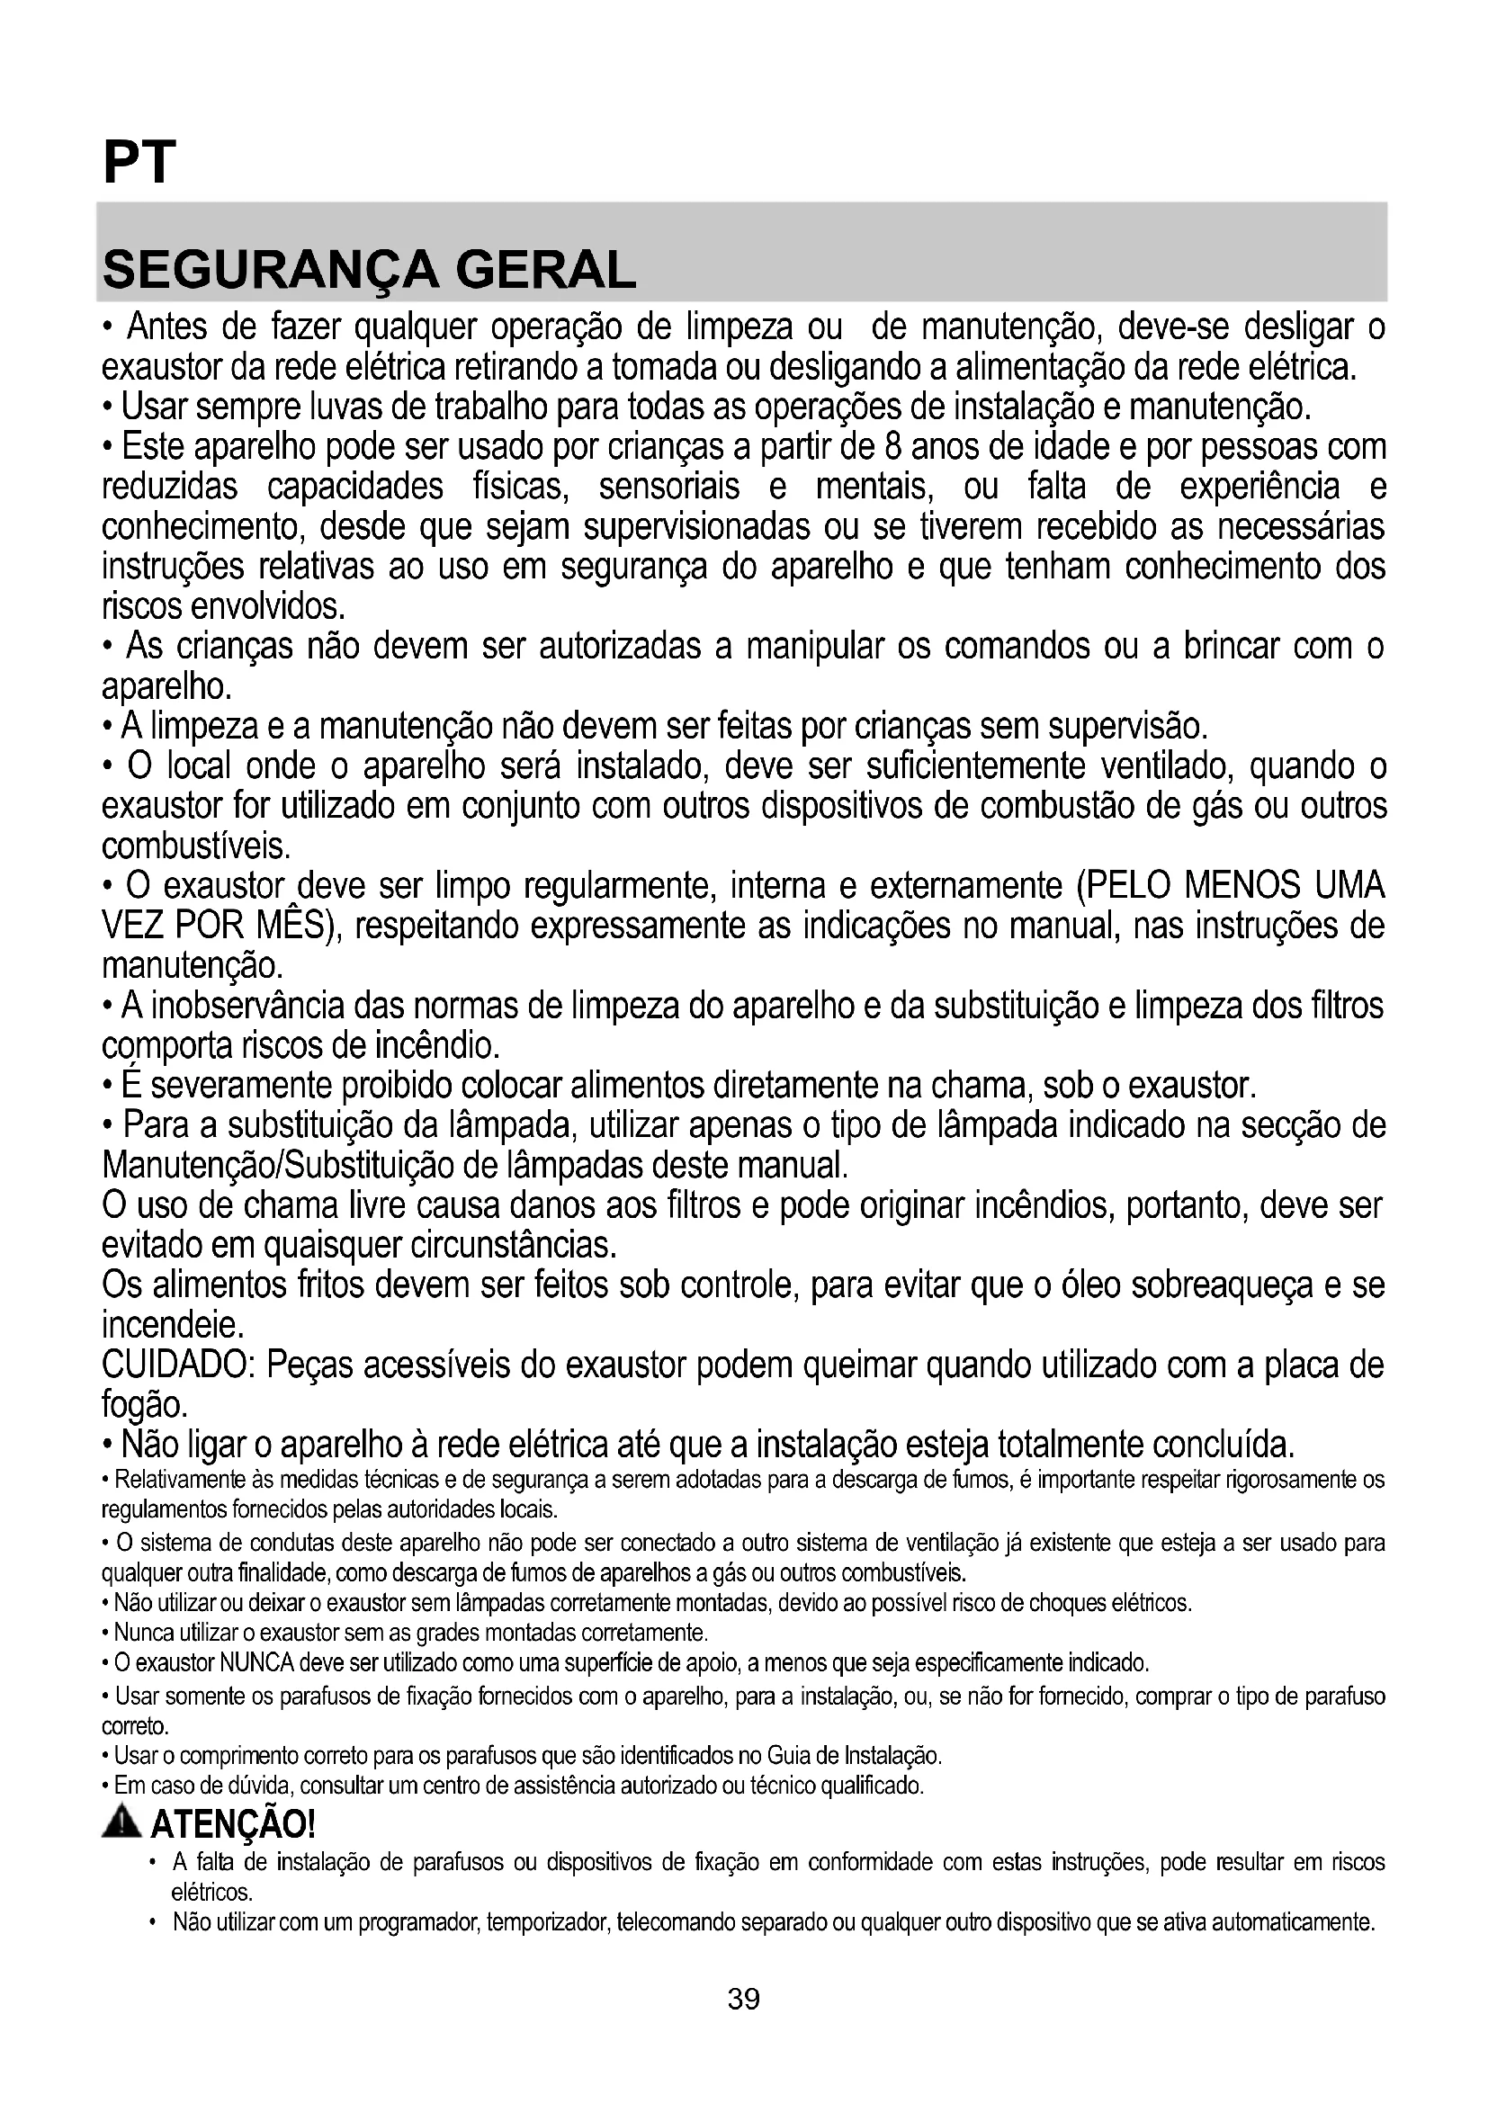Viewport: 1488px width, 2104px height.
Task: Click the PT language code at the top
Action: (139, 163)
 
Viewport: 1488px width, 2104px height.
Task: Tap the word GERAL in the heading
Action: (545, 271)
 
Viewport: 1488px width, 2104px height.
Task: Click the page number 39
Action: (743, 1999)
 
